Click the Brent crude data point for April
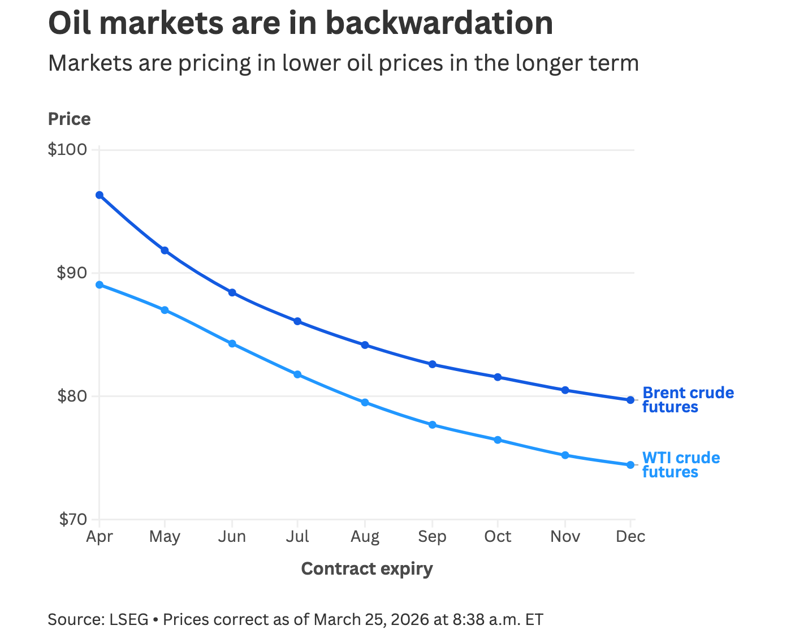[x=100, y=195]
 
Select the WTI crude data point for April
[x=100, y=284]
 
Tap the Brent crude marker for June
[x=232, y=292]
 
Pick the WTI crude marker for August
[x=365, y=403]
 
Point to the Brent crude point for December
[x=630, y=400]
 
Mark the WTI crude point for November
[x=565, y=455]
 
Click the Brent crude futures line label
[x=688, y=400]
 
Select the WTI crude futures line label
[x=681, y=465]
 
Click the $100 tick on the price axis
[x=67, y=150]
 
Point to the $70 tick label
[x=72, y=519]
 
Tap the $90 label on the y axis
[x=72, y=273]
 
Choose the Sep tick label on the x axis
[x=432, y=536]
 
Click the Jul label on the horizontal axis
[x=297, y=536]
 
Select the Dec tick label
[x=630, y=536]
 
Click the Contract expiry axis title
[x=367, y=568]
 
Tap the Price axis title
[x=69, y=119]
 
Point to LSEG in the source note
[x=128, y=619]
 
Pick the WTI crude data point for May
[x=165, y=310]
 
